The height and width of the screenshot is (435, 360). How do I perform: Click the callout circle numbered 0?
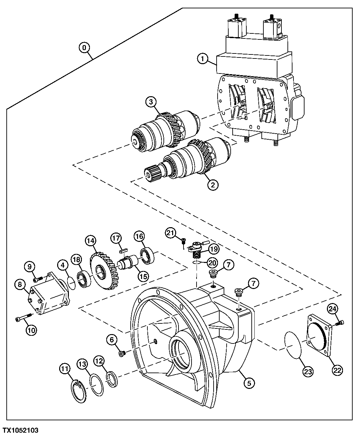(84, 48)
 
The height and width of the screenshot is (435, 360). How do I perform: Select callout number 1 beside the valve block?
(202, 59)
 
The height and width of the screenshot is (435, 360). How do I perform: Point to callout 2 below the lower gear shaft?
(213, 184)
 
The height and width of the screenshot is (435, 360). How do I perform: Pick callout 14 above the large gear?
(91, 241)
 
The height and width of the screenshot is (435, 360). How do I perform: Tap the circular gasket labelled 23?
(293, 347)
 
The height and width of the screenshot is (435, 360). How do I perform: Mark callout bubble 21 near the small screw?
(171, 233)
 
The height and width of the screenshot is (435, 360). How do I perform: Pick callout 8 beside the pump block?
(20, 285)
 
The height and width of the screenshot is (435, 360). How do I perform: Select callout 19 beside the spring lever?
(213, 249)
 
